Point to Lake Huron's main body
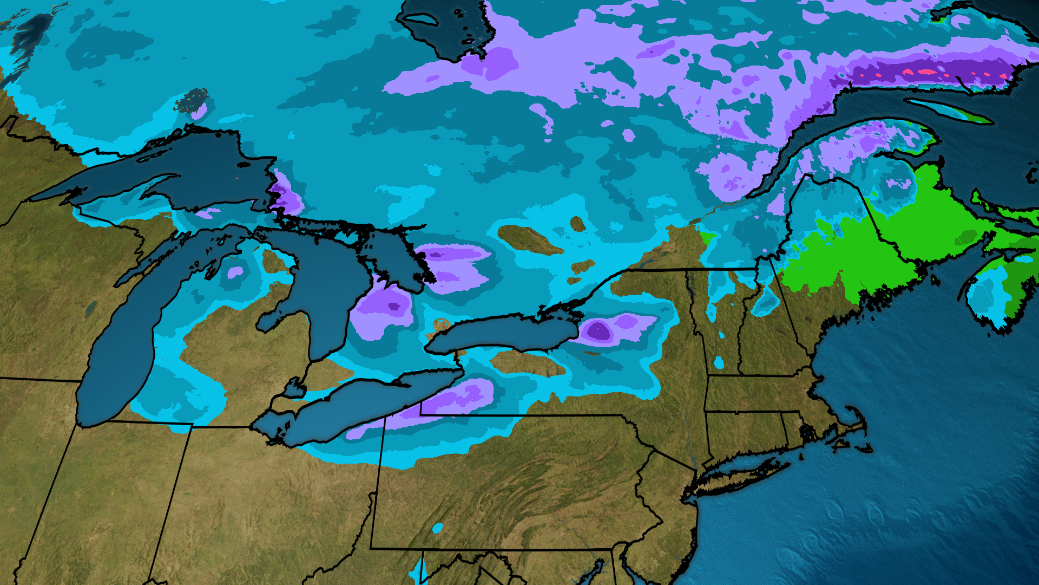click(325, 287)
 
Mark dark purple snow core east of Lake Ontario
click(598, 330)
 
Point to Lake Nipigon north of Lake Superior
click(193, 101)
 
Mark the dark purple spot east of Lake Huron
click(394, 307)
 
